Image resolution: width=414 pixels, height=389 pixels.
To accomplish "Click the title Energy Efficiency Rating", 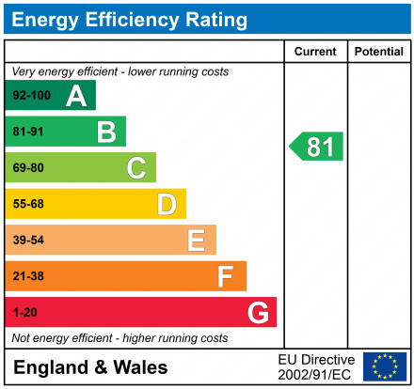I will pyautogui.click(x=131, y=20).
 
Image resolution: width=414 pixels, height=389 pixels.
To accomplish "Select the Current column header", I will pyautogui.click(x=315, y=52).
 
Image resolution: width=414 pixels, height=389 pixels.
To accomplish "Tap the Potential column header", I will pyautogui.click(x=378, y=52).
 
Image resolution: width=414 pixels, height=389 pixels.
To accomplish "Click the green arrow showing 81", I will pyautogui.click(x=317, y=147).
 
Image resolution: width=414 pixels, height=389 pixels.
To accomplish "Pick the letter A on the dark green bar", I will pyautogui.click(x=76, y=96).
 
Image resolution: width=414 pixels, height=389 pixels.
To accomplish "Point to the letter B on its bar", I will pyautogui.click(x=106, y=132).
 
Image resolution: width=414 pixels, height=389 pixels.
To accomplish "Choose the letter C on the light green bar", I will pyautogui.click(x=136, y=168).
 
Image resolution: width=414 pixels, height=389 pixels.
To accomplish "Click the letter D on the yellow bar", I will pyautogui.click(x=167, y=204).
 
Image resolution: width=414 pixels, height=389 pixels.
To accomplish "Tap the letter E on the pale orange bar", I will pyautogui.click(x=196, y=241).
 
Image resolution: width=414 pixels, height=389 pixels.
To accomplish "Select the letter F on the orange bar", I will pyautogui.click(x=226, y=276).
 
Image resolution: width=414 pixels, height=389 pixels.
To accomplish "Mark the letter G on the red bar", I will pyautogui.click(x=257, y=313).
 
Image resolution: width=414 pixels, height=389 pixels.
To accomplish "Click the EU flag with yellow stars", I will pyautogui.click(x=384, y=366).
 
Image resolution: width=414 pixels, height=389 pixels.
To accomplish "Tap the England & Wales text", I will pyautogui.click(x=90, y=367).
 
